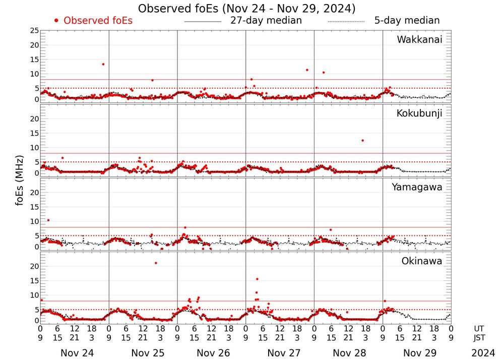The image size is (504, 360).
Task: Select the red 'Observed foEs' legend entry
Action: point(93,21)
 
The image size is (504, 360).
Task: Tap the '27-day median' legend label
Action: point(266,21)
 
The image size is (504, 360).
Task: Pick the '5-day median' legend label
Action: point(407,21)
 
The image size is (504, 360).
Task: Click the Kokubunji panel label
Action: point(419,113)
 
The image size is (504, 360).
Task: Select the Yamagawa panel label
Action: point(417,187)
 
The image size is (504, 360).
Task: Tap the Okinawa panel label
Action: point(422,261)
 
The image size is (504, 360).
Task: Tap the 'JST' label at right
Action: point(481,338)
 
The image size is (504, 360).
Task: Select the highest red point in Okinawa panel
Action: point(156,263)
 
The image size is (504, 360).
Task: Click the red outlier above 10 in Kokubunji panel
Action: point(362,140)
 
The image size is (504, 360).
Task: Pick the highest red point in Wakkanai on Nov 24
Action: point(103,64)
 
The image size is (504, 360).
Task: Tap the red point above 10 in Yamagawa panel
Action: point(48,220)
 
